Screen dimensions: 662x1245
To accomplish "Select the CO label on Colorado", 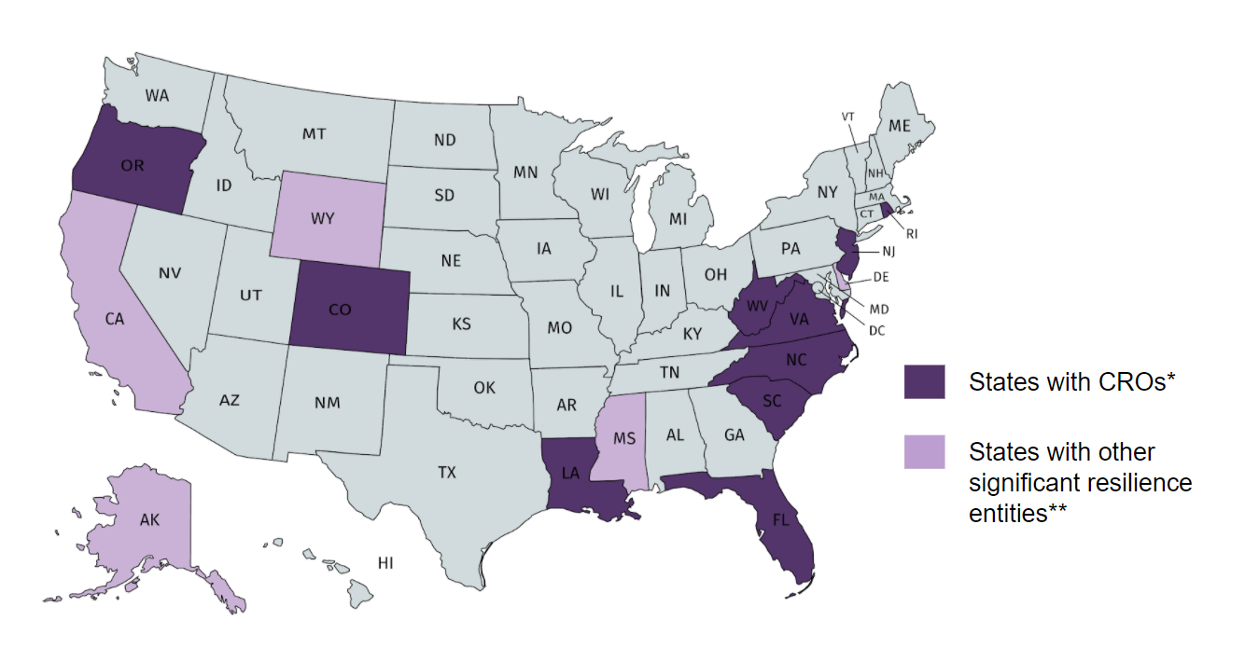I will (x=340, y=310).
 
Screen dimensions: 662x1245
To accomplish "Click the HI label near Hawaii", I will (x=385, y=563).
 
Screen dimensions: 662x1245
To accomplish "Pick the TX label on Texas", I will (x=447, y=473).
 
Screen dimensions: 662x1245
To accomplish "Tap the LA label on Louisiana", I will (x=571, y=473).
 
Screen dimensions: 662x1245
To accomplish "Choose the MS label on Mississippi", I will (x=624, y=439).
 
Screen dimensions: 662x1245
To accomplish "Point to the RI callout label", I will (x=912, y=233).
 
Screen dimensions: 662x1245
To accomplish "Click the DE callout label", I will (x=879, y=277).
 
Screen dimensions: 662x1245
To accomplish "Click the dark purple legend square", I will (x=924, y=381).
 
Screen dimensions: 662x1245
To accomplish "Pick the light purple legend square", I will (x=924, y=451).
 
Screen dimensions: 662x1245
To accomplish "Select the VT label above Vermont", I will (x=848, y=117).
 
